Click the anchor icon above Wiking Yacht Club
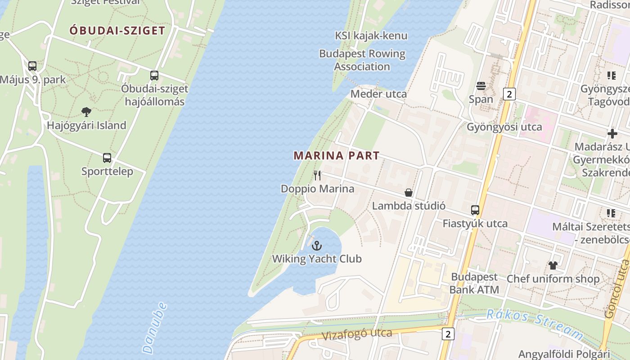(x=317, y=246)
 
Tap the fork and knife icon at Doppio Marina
(x=318, y=175)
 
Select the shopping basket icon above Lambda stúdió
(x=409, y=193)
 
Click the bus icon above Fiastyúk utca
(x=475, y=210)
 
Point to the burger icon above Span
(x=481, y=85)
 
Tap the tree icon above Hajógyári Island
(x=86, y=112)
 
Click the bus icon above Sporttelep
(x=107, y=158)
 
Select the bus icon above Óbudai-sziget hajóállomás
(x=154, y=76)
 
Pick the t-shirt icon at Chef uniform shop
(x=553, y=265)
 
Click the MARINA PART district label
(x=337, y=156)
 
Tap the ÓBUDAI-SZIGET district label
(x=117, y=31)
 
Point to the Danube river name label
(x=154, y=328)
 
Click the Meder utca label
(x=378, y=94)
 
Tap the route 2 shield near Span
(x=509, y=94)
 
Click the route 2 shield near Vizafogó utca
(x=448, y=334)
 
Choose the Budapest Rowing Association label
(x=362, y=60)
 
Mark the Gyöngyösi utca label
(x=504, y=127)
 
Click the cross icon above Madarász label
(x=612, y=134)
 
